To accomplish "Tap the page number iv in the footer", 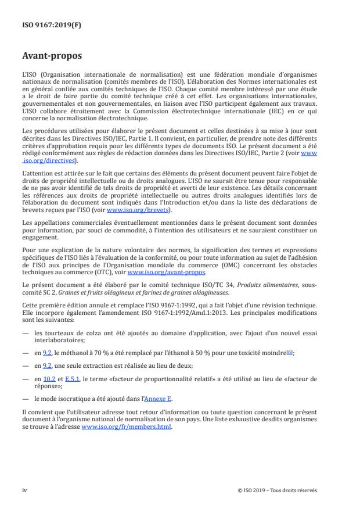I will click(x=24, y=490).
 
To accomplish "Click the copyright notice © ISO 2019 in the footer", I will click(x=278, y=490).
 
